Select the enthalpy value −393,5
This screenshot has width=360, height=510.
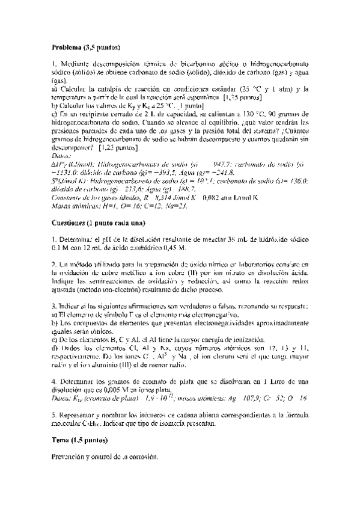pos(177,171)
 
